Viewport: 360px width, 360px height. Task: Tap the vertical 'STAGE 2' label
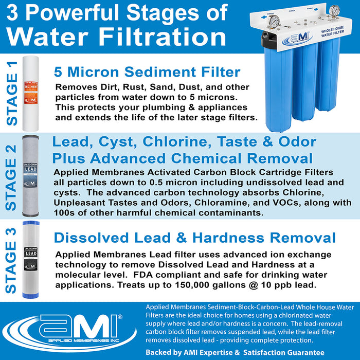pyautogui.click(x=11, y=176)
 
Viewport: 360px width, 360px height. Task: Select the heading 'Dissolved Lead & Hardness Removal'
pyautogui.click(x=195, y=238)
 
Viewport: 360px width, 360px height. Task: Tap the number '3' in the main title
pyautogui.click(x=14, y=12)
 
